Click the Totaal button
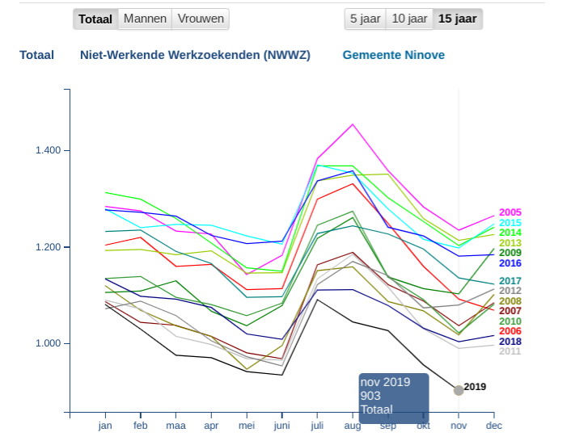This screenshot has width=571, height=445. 95,19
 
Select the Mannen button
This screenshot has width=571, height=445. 145,19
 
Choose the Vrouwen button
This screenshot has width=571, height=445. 201,19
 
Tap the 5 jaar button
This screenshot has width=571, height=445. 364,19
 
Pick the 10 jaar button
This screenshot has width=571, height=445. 408,19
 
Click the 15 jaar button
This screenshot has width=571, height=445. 457,19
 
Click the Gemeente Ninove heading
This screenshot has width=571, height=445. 393,55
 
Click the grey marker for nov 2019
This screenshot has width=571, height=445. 459,390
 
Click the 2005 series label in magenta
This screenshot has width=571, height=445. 510,212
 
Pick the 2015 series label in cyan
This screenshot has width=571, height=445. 510,223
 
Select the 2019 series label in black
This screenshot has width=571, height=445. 475,387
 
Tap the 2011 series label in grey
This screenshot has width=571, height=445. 510,351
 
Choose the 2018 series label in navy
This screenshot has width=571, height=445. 510,342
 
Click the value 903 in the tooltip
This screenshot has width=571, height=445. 370,396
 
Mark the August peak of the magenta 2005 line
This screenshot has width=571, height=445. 352,124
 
